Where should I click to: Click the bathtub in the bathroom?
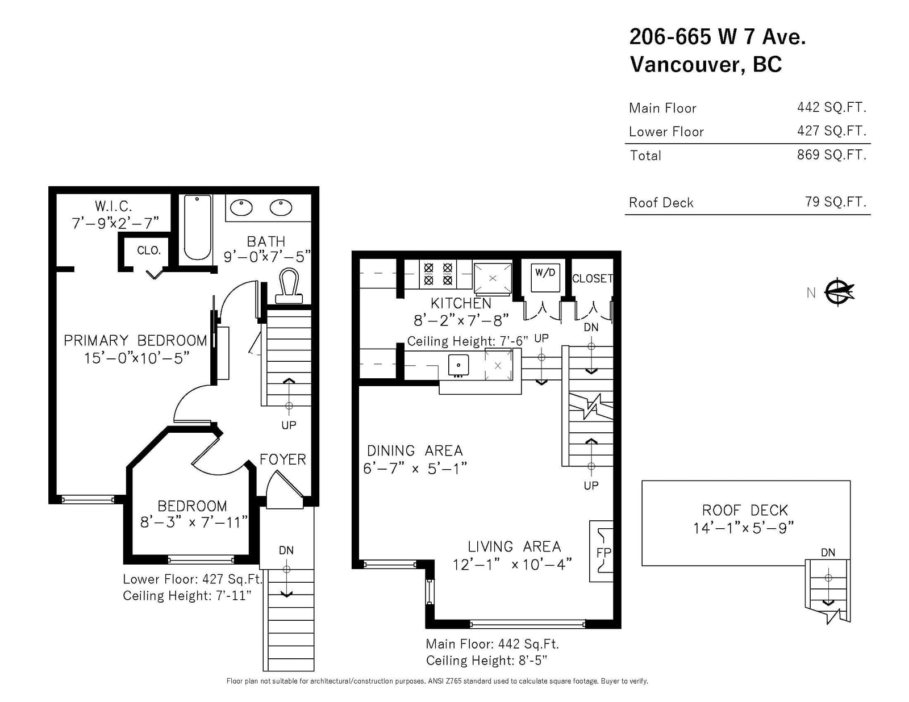click(x=198, y=227)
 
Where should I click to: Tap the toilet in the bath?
click(x=289, y=286)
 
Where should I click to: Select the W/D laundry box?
click(x=545, y=277)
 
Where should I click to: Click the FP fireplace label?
click(x=603, y=552)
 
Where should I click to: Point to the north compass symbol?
click(x=839, y=292)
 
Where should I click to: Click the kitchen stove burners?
click(x=438, y=274)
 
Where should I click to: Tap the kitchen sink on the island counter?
click(x=458, y=365)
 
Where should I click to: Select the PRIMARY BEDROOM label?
click(x=136, y=340)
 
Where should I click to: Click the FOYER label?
click(x=283, y=459)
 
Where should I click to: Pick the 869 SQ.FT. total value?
click(x=831, y=154)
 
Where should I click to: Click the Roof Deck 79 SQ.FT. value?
click(x=835, y=202)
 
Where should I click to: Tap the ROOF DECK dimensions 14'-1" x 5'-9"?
click(x=743, y=528)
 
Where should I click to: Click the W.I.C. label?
click(x=114, y=206)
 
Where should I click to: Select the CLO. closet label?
click(x=149, y=250)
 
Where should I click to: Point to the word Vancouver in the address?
click(x=687, y=64)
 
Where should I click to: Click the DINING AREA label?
click(x=415, y=451)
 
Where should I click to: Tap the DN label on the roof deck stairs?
click(x=828, y=553)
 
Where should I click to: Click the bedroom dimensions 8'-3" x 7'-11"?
click(x=194, y=522)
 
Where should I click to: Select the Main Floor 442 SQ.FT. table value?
click(x=831, y=107)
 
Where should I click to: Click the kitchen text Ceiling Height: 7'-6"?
click(x=467, y=341)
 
